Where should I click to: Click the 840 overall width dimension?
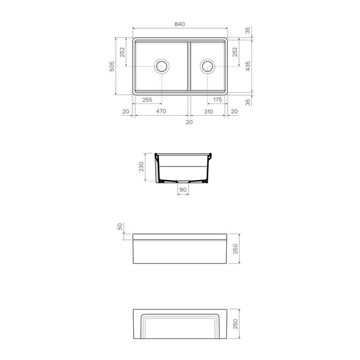[179, 24]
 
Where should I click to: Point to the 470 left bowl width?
[161, 112]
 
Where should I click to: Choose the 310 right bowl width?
[208, 112]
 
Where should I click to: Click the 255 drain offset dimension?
[147, 100]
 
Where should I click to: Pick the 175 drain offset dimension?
[217, 100]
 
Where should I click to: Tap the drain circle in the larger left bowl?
[161, 66]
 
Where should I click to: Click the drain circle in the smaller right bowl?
[208, 66]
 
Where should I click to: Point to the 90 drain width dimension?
[183, 190]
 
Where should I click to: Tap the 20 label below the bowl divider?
[189, 122]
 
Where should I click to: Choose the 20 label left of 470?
[125, 112]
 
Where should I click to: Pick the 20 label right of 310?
[235, 112]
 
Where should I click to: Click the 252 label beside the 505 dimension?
[122, 52]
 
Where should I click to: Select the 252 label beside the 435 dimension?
[235, 52]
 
